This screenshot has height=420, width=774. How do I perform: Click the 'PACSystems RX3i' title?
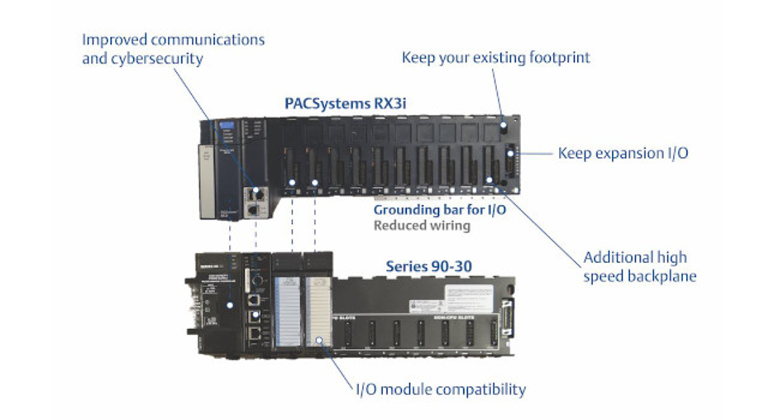345,103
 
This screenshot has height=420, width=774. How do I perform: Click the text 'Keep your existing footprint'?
496,57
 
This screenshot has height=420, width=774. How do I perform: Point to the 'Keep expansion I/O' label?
623,153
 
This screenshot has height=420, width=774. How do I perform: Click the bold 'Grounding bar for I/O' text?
439,210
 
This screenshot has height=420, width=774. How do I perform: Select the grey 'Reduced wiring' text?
422,224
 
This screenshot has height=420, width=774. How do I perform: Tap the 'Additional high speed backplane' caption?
640,266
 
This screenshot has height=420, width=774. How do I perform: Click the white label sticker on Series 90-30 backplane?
471,295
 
